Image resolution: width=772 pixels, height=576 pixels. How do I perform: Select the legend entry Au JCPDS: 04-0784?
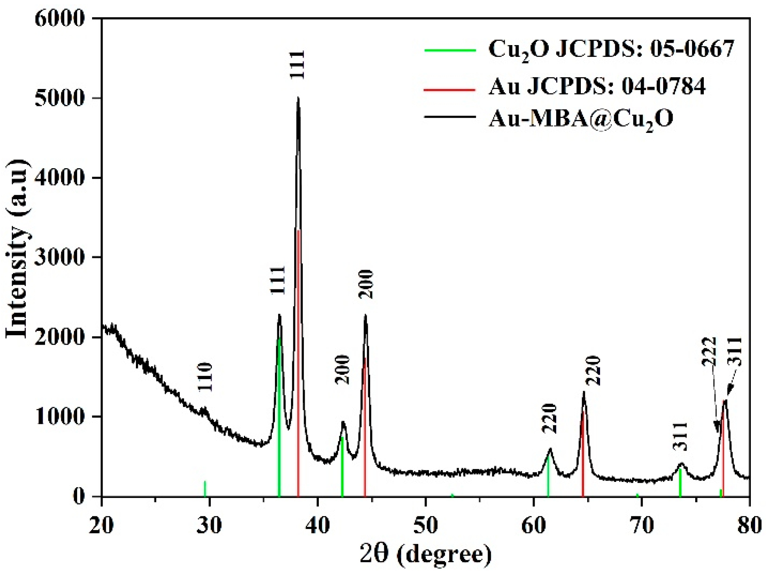(597, 86)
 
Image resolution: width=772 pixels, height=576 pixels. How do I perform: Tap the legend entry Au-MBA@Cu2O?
(580, 118)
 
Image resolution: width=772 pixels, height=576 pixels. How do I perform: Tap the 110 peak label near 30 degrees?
(204, 377)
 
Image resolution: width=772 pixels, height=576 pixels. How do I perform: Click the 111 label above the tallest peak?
(298, 65)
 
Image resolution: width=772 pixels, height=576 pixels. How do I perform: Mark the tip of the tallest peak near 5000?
(298, 98)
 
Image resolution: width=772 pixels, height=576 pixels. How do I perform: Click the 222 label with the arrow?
(709, 351)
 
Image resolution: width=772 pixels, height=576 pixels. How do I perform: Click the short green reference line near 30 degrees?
(205, 488)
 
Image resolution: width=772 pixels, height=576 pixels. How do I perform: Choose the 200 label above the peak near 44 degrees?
(366, 284)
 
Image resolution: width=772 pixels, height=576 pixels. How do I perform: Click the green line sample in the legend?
(450, 50)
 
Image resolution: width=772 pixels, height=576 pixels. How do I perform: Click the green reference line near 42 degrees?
(342, 467)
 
